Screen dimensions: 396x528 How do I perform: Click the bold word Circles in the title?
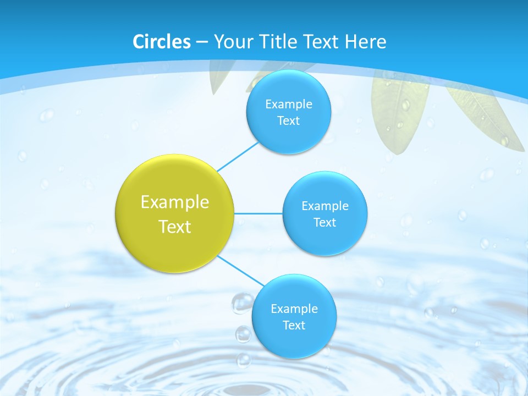coord(162,42)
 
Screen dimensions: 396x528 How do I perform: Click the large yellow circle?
coord(175,213)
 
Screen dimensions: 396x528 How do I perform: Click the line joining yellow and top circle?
coord(238,157)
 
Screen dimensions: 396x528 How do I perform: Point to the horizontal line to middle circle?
coord(258,213)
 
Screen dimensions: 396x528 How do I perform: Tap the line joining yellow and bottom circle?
coord(241,272)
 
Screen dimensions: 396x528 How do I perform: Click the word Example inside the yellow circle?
coord(175,202)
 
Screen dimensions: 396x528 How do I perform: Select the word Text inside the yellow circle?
coord(175,227)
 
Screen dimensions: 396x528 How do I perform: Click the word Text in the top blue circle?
coord(288,121)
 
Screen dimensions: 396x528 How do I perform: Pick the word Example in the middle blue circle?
coord(325,206)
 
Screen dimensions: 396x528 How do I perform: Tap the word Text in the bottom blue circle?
coord(294,326)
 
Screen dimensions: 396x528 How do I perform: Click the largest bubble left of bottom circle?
coord(242,302)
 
